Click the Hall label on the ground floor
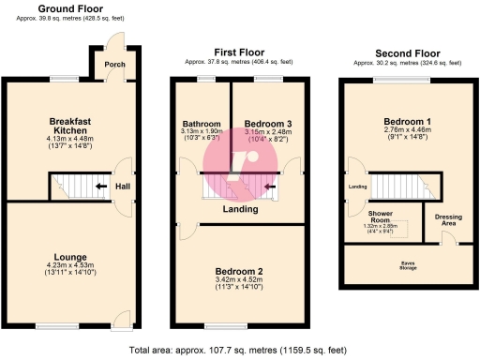[x=122, y=186]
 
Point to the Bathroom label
[x=202, y=125]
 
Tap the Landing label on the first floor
[x=240, y=209]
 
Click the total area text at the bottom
[x=240, y=349]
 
